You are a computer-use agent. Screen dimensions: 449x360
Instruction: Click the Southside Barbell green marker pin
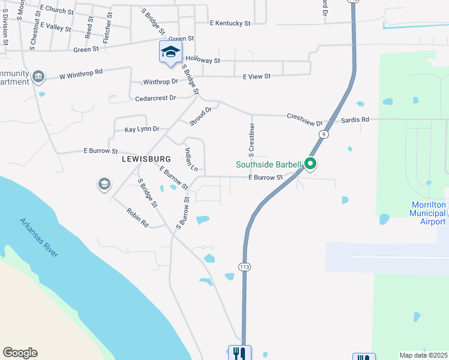(x=310, y=163)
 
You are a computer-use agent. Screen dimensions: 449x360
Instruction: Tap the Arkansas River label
(x=38, y=238)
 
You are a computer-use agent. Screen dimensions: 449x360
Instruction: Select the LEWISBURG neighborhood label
(x=146, y=159)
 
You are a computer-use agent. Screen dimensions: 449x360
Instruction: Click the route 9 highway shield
(x=324, y=134)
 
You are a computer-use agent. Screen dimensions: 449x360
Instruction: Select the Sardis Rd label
(x=355, y=120)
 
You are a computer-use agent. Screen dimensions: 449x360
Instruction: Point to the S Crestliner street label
(x=253, y=139)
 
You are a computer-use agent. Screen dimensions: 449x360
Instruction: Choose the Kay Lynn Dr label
(x=142, y=129)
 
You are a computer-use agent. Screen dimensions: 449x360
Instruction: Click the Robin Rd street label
(x=137, y=217)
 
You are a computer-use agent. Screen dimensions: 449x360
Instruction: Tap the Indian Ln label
(x=191, y=160)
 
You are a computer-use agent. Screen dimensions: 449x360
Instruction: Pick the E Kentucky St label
(x=230, y=23)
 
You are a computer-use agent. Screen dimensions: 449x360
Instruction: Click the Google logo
(x=20, y=353)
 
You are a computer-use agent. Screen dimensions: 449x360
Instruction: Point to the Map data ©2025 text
(x=423, y=355)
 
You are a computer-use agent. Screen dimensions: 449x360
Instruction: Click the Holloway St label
(x=203, y=61)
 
